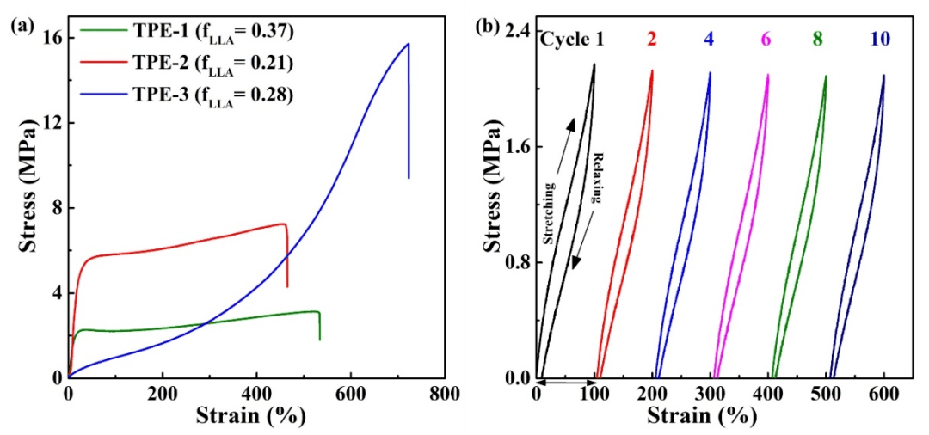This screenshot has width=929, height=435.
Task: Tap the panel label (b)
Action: (488, 26)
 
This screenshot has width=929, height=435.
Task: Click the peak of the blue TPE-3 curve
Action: (408, 44)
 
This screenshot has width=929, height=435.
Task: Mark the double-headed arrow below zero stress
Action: (569, 383)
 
